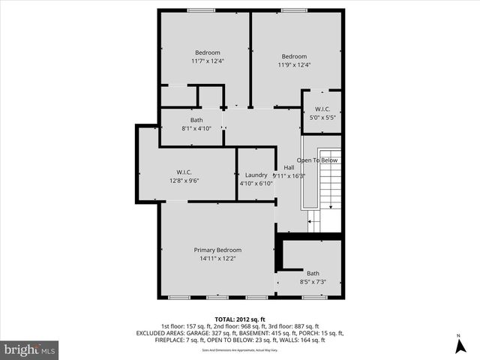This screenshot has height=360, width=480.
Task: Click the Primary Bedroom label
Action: tap(217, 250)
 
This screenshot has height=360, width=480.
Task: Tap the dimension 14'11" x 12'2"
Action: tap(217, 259)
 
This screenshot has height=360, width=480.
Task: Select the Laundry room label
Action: tap(256, 175)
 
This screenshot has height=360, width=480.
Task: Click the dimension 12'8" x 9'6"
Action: tap(184, 181)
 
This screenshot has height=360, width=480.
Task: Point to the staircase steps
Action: tap(330, 187)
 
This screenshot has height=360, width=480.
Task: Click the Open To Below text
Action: tap(317, 160)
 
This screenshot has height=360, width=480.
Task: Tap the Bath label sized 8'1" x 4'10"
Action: tap(196, 120)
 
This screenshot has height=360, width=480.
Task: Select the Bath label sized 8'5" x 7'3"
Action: tap(313, 273)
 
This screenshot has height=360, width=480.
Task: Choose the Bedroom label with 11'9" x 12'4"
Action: tap(294, 56)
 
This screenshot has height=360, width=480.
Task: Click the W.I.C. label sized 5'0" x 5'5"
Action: tap(322, 109)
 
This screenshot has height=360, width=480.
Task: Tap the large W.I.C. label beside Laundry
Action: tap(184, 172)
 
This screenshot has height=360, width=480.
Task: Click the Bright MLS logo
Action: tap(30, 349)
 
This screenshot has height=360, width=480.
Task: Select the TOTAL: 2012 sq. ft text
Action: tap(239, 319)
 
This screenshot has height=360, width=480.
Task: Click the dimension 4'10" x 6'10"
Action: tap(256, 183)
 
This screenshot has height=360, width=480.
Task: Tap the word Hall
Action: tap(289, 167)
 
